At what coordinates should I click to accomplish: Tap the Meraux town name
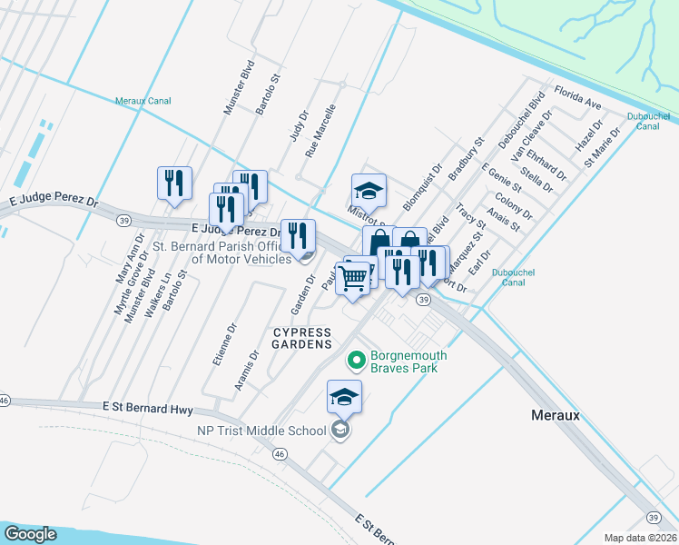click(x=555, y=414)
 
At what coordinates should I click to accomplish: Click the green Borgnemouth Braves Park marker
click(x=358, y=362)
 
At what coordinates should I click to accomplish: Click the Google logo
click(x=31, y=533)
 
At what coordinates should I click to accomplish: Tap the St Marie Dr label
click(x=603, y=147)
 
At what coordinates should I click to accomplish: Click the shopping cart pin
click(x=353, y=278)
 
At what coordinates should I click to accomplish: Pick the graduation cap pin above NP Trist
click(x=345, y=397)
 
